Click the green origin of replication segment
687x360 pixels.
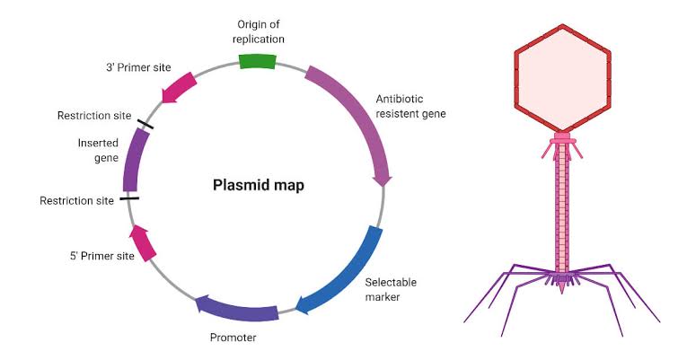257,60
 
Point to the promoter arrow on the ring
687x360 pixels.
235,309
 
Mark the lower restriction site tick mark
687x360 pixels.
129,198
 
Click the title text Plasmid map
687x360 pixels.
258,186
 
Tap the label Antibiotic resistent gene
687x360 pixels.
410,106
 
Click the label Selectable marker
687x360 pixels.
391,289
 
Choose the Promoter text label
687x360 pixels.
233,338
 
